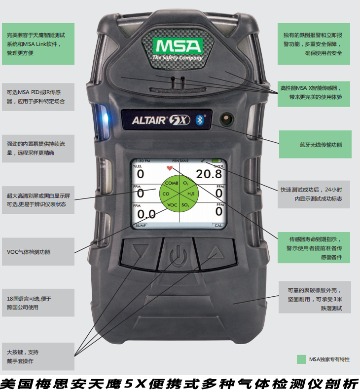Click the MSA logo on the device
[177, 47]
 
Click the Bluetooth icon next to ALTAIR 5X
[200, 119]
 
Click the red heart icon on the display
[170, 169]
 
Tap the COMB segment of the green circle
[172, 183]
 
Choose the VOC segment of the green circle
[172, 204]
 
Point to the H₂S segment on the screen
[190, 194]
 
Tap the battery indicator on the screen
[217, 161]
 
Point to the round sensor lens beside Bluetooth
[227, 119]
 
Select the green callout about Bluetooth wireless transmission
[315, 145]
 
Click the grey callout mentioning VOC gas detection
[38, 252]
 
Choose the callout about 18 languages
[38, 303]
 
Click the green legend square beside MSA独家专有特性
[301, 359]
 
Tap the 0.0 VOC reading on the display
[145, 214]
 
